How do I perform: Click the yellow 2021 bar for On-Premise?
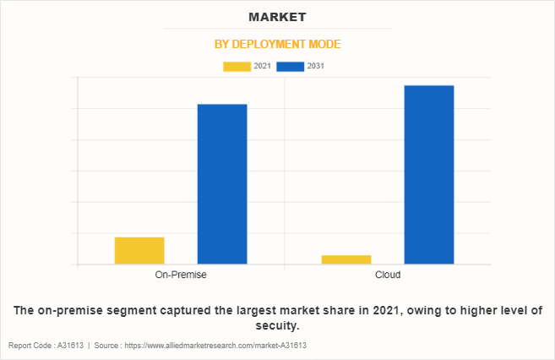[x=139, y=250]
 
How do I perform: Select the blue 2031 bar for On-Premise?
[x=222, y=183]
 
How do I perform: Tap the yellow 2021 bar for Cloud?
[x=346, y=259]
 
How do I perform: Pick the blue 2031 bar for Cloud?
[x=429, y=174]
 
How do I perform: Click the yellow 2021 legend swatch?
[x=236, y=66]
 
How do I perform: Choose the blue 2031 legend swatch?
[x=290, y=66]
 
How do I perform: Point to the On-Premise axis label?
[x=181, y=275]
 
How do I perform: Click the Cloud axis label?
[x=388, y=275]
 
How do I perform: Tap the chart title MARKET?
[x=277, y=17]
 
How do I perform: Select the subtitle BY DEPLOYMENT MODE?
[x=277, y=44]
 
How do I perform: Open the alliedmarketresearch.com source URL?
[x=215, y=346]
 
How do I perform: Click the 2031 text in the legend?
[x=316, y=66]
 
